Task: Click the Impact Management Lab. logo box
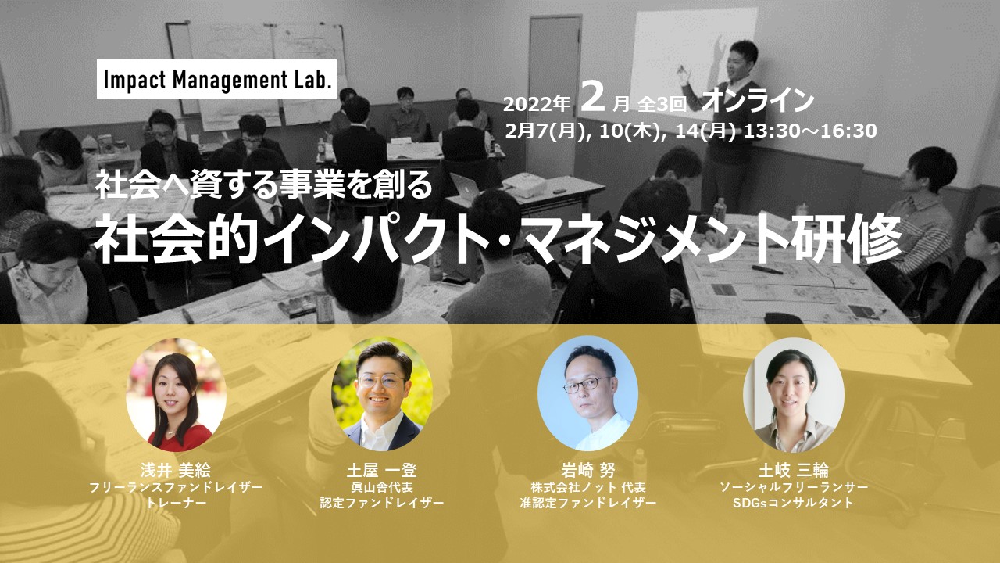coord(216,79)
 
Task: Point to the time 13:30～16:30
coord(810,131)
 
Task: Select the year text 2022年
coord(537,104)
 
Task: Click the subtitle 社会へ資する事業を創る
coord(264,185)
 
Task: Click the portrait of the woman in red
coord(176,394)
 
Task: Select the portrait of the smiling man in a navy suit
coord(382,393)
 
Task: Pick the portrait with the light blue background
coord(587,393)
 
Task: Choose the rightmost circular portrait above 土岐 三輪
coord(793,395)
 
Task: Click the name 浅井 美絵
coord(176,470)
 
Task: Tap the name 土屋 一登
coord(382,470)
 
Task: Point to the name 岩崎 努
coord(588,470)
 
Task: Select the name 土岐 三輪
coord(793,470)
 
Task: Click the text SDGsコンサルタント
coord(793,503)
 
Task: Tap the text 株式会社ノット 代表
coord(588,486)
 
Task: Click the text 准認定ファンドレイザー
coord(588,503)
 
